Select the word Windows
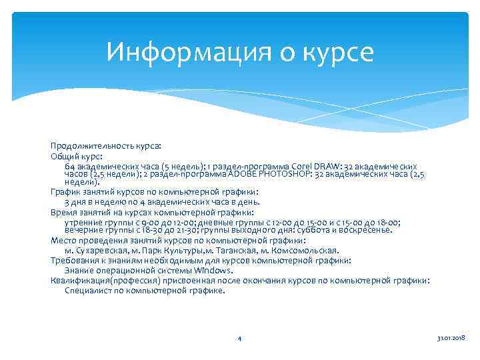coord(211,270)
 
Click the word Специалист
coord(87,291)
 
